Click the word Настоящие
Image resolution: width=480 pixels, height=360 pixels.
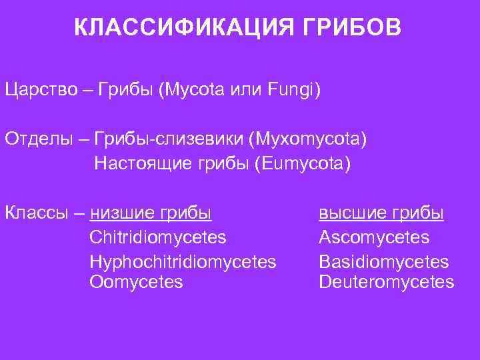139,163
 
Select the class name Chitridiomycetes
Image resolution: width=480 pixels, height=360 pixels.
157,237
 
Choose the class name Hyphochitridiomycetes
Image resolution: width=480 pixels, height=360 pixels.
183,260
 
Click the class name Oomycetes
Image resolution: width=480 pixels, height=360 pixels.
136,283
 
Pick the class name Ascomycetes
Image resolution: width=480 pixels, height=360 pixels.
374,237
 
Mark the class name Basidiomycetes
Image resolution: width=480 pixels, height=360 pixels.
384,260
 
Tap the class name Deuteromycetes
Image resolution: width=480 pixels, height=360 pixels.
387,283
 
